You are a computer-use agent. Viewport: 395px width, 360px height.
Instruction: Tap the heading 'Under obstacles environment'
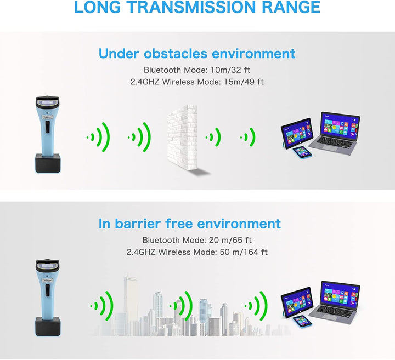197,54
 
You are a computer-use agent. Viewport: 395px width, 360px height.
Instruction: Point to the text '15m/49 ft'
245,82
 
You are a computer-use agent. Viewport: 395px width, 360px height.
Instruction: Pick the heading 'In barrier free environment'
189,224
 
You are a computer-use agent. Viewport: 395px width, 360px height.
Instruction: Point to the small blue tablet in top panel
300,152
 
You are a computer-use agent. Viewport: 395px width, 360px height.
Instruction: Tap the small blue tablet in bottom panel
300,322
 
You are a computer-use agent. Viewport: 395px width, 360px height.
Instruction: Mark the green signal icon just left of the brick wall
140,137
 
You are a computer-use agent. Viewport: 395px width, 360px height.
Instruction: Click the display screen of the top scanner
47,102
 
